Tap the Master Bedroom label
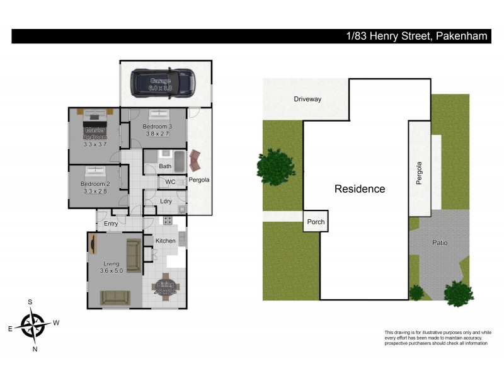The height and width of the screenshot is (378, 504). tap(96, 134)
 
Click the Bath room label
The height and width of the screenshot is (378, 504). tap(165, 166)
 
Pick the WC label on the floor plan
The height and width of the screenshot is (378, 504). tap(169, 182)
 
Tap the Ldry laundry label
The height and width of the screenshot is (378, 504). tap(166, 202)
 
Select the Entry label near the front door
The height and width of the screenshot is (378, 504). tap(111, 224)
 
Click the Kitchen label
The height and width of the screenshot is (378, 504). tap(166, 241)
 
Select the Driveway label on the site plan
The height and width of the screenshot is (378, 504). tap(307, 99)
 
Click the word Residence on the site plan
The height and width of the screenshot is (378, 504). tap(359, 188)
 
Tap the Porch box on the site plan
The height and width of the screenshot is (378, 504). tap(314, 221)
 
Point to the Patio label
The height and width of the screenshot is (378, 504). tap(439, 242)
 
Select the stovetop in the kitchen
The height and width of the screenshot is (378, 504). tap(168, 220)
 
